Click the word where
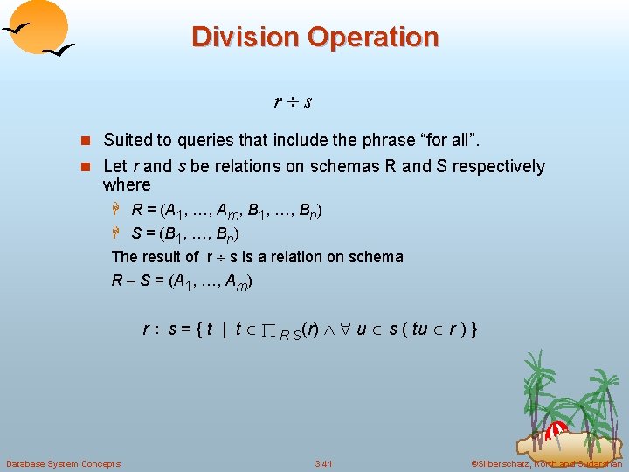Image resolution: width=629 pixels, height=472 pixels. point(127,185)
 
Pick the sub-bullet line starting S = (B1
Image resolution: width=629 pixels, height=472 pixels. point(185,233)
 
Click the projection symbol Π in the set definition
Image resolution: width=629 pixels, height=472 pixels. point(270,330)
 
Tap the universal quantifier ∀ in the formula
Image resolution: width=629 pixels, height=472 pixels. point(346,330)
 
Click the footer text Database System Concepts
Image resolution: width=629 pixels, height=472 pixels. point(63,463)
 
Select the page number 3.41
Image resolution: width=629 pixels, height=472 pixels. point(324,463)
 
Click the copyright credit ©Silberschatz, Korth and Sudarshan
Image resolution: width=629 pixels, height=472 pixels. point(545,463)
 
